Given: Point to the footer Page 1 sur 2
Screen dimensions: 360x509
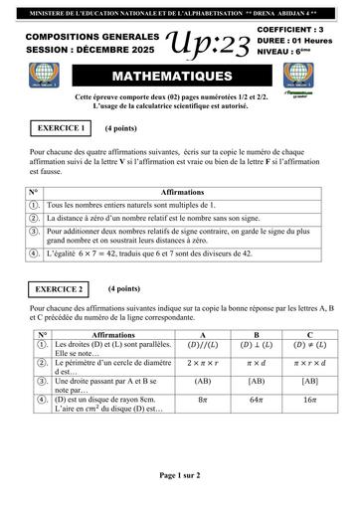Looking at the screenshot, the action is (180, 475).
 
